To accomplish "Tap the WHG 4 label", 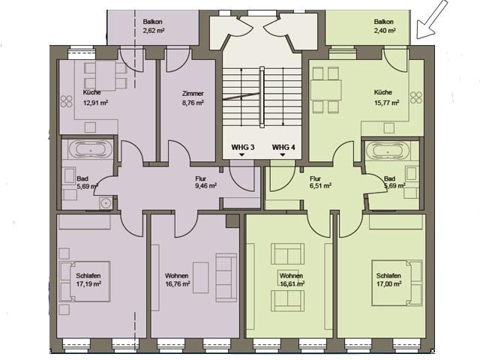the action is click(x=283, y=147).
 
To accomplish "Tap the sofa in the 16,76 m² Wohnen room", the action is click(x=226, y=277).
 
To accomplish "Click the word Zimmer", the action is click(x=193, y=93).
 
